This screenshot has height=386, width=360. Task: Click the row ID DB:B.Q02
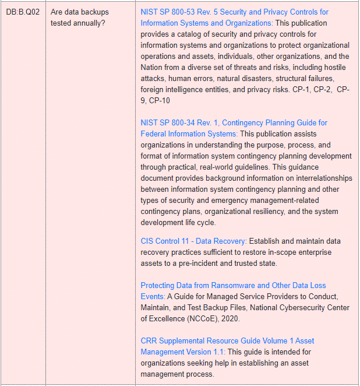pos(23,12)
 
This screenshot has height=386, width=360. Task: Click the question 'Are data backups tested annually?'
pos(79,17)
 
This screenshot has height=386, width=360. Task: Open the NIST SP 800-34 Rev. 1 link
pos(234,122)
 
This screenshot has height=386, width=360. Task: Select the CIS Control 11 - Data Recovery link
pos(194,241)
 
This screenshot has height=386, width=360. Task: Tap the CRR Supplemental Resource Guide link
pos(227,341)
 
